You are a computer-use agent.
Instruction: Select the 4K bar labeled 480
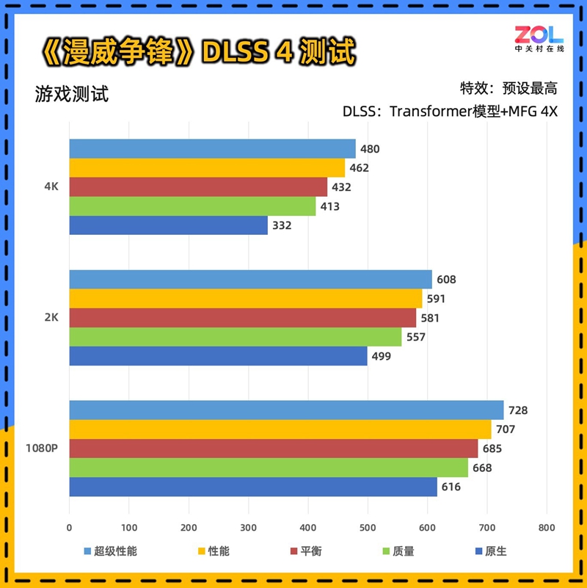pyautogui.click(x=212, y=149)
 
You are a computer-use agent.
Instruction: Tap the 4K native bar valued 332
pyautogui.click(x=168, y=225)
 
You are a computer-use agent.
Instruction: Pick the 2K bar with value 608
pyautogui.click(x=250, y=280)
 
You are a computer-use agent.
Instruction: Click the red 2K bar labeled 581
pyautogui.click(x=242, y=318)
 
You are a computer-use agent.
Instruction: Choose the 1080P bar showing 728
pyautogui.click(x=286, y=410)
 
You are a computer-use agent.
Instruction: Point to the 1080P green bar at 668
pyautogui.click(x=269, y=468)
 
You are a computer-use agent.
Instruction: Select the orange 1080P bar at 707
pyautogui.click(x=280, y=429)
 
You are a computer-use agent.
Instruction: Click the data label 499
pyautogui.click(x=382, y=357)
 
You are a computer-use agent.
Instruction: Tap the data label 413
pyautogui.click(x=329, y=207)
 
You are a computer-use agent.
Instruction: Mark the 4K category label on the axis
pyautogui.click(x=51, y=187)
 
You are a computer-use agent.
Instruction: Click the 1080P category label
pyautogui.click(x=41, y=449)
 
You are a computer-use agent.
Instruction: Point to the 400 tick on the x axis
pyautogui.click(x=308, y=527)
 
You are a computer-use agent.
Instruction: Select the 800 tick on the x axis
pyautogui.click(x=546, y=527)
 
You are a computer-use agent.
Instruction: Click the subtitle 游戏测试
pyautogui.click(x=71, y=94)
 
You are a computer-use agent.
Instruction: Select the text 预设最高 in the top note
pyautogui.click(x=530, y=89)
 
